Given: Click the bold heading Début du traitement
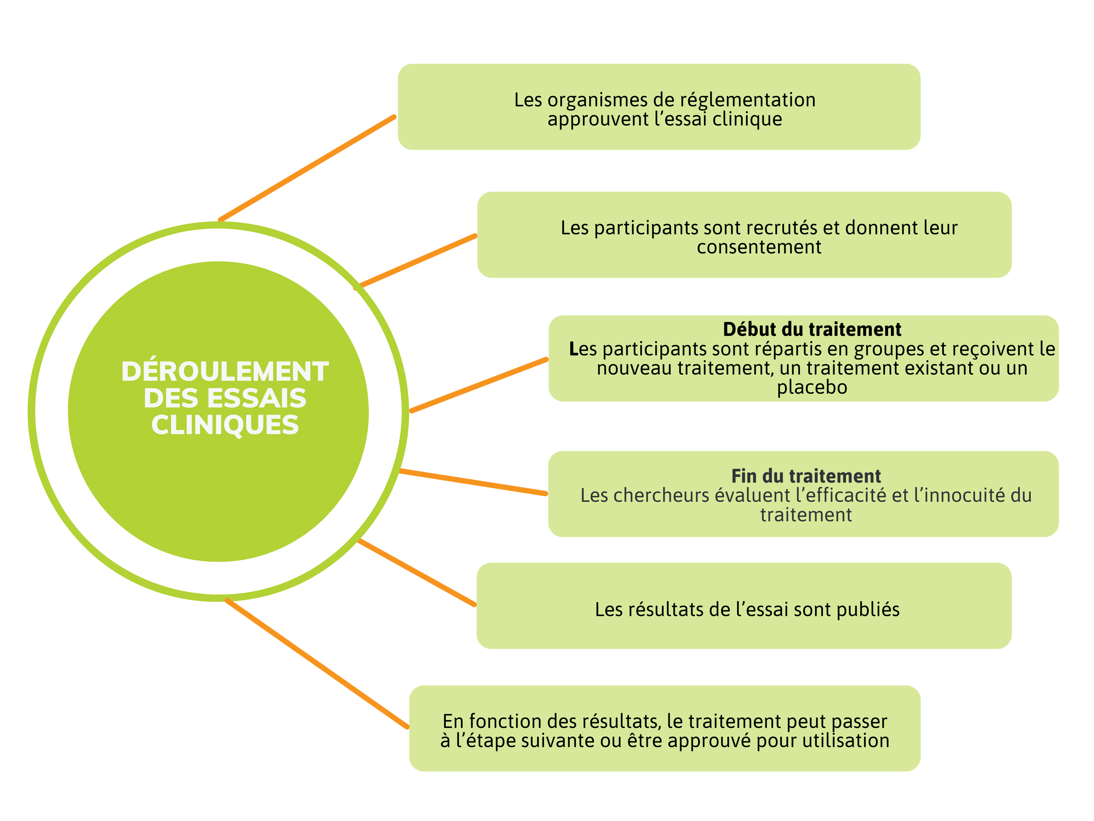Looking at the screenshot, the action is [812, 329].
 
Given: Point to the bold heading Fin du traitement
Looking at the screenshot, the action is [806, 476].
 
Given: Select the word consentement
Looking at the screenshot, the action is [759, 247].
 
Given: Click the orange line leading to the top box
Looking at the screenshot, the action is [307, 169].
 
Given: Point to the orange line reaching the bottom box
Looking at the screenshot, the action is [317, 664].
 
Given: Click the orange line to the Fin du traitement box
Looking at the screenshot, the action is [473, 482].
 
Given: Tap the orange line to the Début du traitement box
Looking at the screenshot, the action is [479, 385].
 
